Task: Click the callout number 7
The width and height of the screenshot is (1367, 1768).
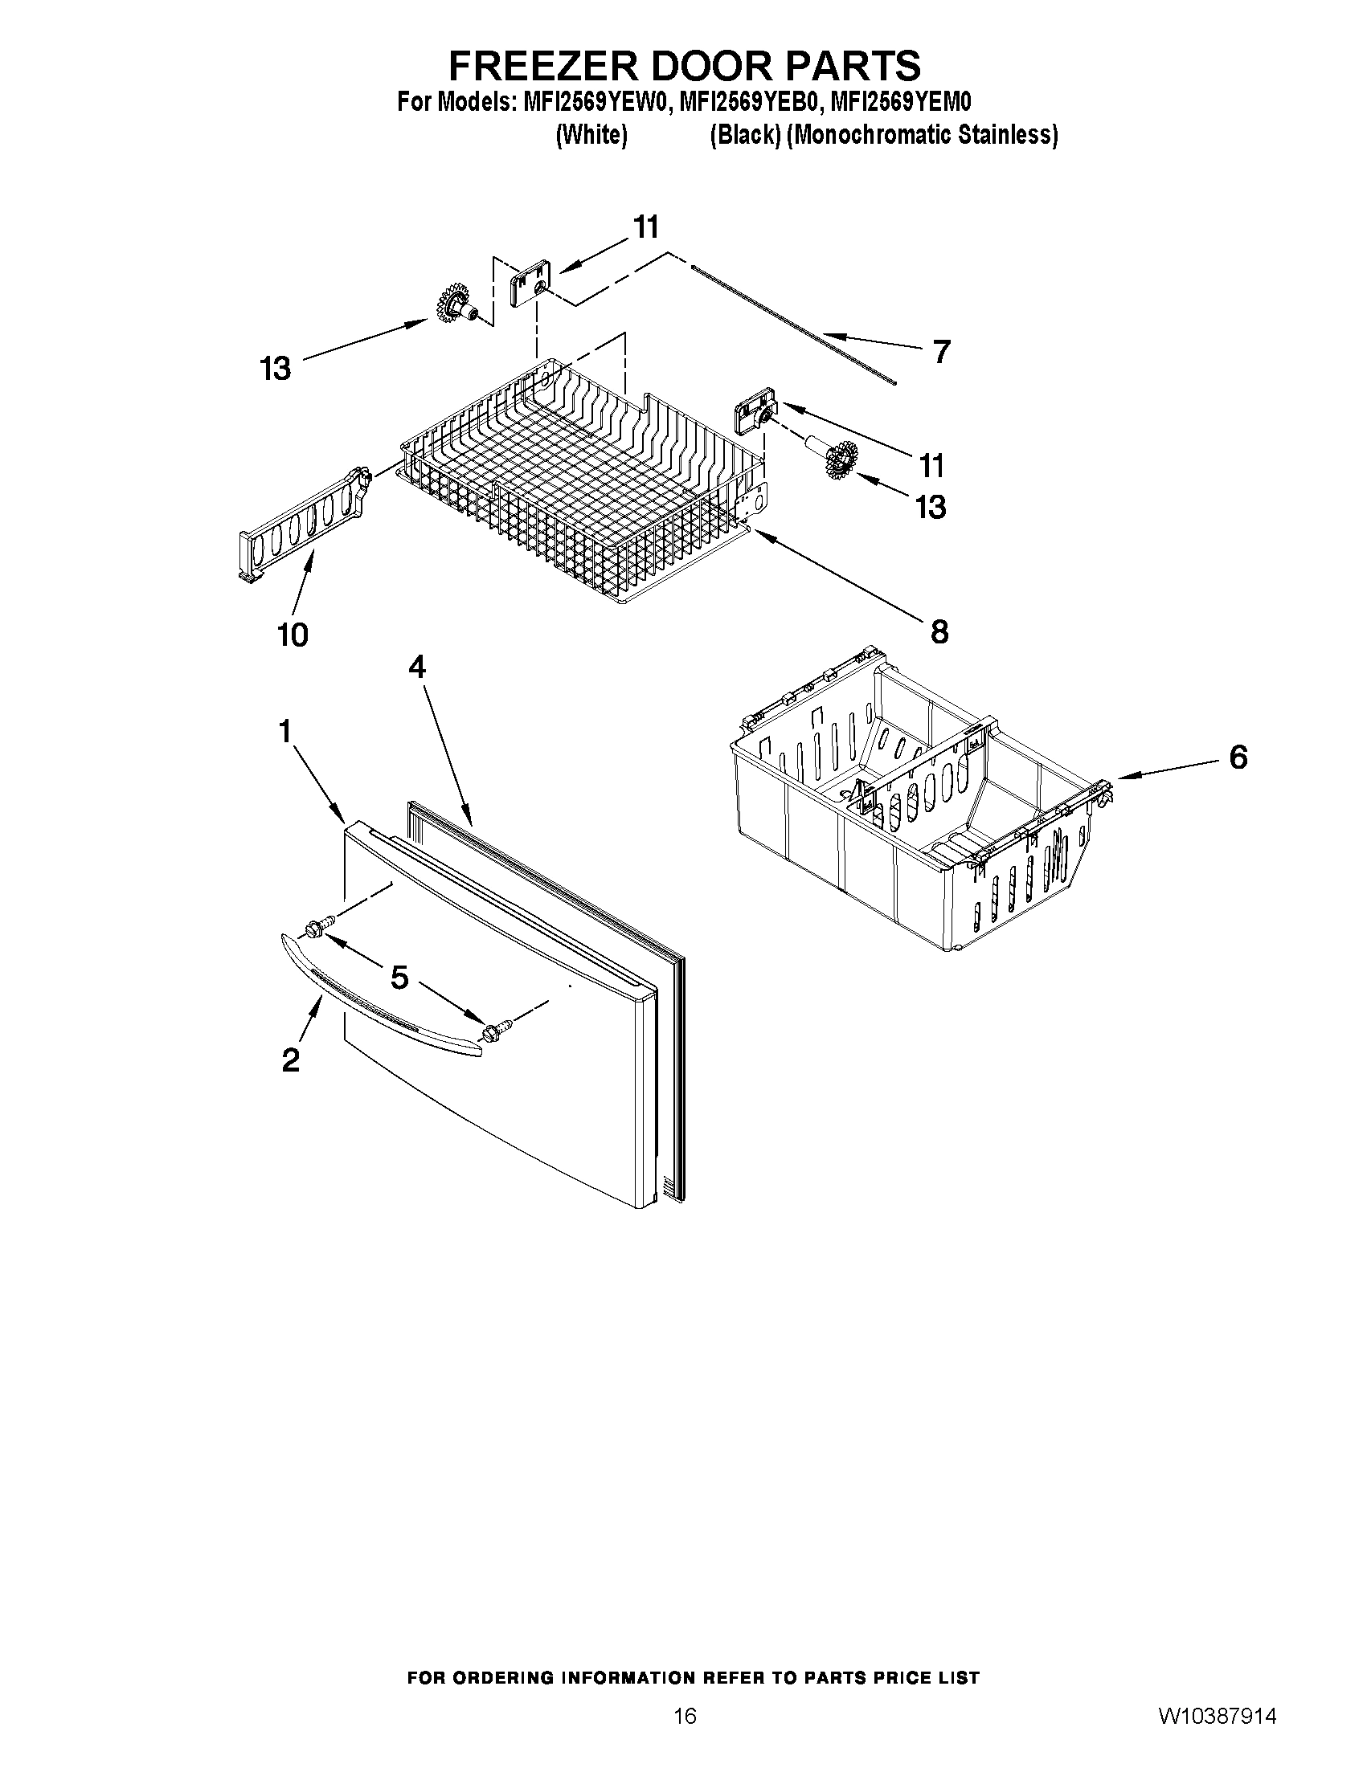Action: click(x=940, y=352)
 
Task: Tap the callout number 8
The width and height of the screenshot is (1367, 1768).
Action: click(x=939, y=631)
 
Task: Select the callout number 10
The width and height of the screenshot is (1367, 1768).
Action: click(x=293, y=635)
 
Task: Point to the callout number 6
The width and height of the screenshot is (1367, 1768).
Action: click(x=1238, y=757)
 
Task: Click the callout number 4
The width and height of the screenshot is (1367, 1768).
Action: click(x=417, y=666)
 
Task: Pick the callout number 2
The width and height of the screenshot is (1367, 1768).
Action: click(x=291, y=1060)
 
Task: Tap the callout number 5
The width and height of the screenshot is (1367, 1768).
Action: click(x=399, y=978)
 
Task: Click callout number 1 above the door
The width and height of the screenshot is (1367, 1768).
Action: click(x=284, y=732)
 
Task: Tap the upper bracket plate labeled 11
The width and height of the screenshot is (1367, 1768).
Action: click(x=530, y=283)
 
